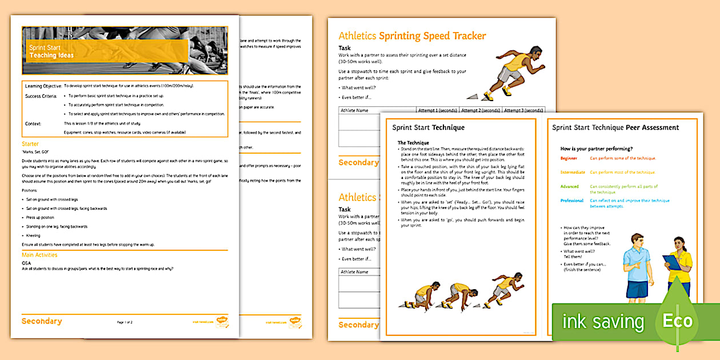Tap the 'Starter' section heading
pos(30,144)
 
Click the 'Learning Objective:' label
pos(43,86)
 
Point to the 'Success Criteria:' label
pos(41,96)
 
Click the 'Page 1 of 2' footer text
pos(125,322)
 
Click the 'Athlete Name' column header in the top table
pos(354,110)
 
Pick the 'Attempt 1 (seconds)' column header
pos(438,110)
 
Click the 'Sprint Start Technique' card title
pos(428,127)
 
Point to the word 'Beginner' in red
pos(569,158)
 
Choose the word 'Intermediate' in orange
pos(573,172)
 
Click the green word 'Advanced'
pos(570,186)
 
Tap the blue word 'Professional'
pos(572,201)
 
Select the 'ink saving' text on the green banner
pos(603,322)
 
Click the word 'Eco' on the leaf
pos(677,321)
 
